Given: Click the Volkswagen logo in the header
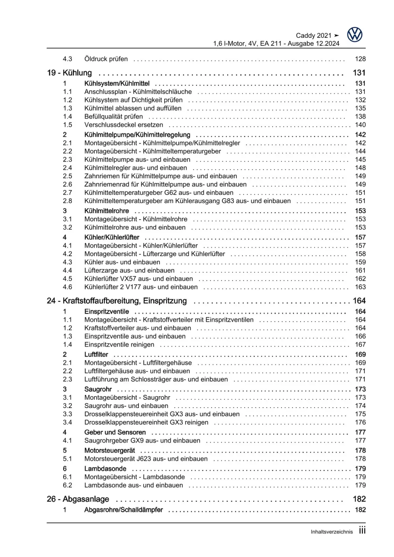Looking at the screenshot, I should point(355,35).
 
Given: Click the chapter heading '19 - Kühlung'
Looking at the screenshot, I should point(69,73).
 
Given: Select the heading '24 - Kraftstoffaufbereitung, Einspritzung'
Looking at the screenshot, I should point(117,301).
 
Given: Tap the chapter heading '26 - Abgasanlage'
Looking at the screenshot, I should point(78,499).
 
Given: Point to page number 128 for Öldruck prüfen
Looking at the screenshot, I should point(360,59).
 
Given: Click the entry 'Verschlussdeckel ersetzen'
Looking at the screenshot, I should point(123,125).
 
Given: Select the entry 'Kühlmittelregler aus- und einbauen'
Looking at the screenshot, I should point(136,168).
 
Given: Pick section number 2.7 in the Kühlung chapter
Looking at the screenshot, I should point(67,193).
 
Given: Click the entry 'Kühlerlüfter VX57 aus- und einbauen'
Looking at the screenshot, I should point(139,279).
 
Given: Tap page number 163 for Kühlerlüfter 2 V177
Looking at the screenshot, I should point(360,287).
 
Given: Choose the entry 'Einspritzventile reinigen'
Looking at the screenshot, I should point(119,345).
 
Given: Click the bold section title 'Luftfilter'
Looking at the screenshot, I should point(96,355).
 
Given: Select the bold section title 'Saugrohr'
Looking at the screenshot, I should point(98,389).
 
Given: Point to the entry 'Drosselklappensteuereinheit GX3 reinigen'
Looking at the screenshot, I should point(146,423).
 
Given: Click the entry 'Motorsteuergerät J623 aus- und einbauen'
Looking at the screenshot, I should point(146,459).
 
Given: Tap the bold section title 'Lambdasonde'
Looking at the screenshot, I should point(105,469).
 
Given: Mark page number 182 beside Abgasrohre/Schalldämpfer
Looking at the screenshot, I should point(360,510).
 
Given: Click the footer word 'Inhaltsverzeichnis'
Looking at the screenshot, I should point(332,532).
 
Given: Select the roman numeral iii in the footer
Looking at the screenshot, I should point(362,531).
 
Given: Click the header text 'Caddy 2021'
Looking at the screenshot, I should point(314,35).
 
